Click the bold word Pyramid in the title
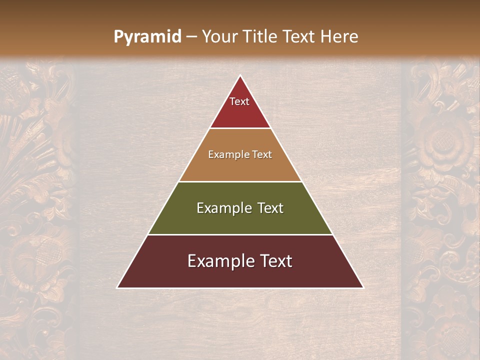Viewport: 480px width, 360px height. coord(147,37)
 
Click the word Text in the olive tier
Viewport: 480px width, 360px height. coord(270,208)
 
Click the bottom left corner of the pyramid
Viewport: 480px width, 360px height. coord(118,287)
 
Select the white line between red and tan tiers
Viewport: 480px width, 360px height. coord(240,128)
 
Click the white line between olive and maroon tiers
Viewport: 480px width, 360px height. coord(240,234)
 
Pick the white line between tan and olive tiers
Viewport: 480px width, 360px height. coord(240,181)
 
